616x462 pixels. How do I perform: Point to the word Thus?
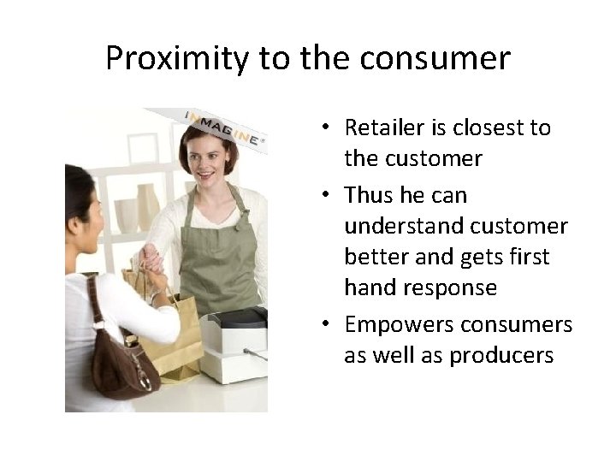coord(370,195)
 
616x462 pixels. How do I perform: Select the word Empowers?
coord(398,325)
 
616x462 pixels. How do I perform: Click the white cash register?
coord(235,342)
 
